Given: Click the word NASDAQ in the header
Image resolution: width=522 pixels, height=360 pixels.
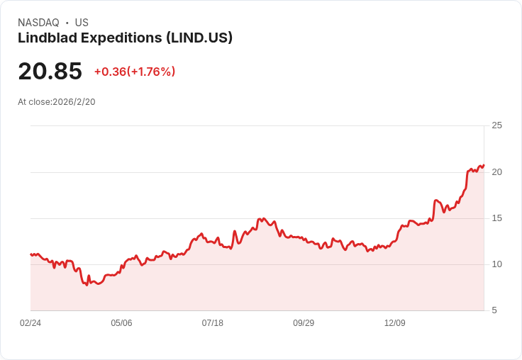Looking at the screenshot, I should tap(38, 23).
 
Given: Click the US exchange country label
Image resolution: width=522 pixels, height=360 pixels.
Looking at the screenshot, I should tap(82, 23).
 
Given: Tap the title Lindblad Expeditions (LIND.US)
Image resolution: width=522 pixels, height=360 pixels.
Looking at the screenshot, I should tap(125, 38).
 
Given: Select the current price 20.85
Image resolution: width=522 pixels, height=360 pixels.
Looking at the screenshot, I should tap(50, 71).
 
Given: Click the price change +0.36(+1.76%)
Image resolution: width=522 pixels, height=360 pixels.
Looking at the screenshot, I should tap(135, 72).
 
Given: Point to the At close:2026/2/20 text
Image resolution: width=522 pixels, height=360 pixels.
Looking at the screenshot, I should tap(57, 101).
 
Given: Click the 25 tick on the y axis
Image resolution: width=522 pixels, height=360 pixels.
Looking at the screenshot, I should tap(496, 125).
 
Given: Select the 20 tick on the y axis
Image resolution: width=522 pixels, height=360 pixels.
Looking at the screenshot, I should tap(496, 172).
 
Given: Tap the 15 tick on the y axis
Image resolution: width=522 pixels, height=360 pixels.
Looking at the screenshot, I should tap(496, 218).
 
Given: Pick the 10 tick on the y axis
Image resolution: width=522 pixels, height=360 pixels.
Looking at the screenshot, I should tap(496, 264).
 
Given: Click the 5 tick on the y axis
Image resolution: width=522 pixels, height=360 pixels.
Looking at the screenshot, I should tap(494, 310).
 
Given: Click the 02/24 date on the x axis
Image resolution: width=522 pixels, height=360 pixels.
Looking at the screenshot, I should tap(30, 323).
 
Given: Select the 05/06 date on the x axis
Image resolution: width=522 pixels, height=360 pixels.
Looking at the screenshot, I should tap(121, 323).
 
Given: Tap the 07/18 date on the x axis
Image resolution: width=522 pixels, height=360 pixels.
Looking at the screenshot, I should tap(212, 323).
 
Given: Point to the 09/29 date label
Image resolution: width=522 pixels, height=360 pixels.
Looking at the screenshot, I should tap(304, 323).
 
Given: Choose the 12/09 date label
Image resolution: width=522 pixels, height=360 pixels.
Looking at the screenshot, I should tap(394, 323).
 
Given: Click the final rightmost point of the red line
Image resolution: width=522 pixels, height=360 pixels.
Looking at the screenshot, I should tap(484, 165).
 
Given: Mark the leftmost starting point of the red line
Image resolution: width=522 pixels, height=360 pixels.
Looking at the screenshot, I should tap(30, 254).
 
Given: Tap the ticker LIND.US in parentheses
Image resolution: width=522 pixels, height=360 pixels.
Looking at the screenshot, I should tap(199, 38).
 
